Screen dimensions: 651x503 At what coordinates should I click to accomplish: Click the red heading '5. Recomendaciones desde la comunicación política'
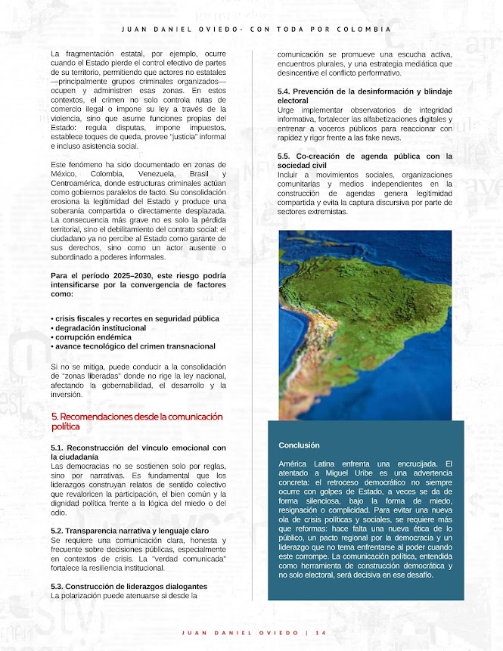136,421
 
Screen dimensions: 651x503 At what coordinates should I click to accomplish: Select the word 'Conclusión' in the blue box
299,445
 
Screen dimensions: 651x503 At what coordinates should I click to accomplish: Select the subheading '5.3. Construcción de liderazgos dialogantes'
129,586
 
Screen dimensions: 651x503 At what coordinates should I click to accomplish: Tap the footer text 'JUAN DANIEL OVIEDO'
242,632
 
